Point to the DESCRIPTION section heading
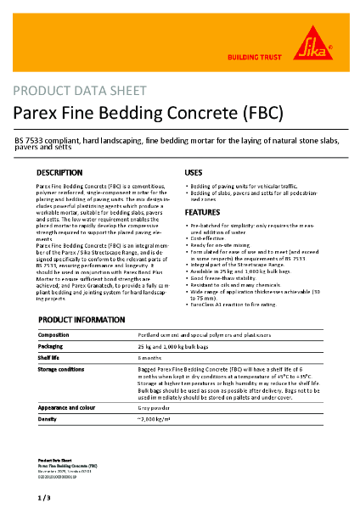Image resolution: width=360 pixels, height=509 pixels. (59, 172)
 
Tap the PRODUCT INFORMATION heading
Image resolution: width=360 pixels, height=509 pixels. (87, 319)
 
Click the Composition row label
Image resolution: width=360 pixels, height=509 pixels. (54, 335)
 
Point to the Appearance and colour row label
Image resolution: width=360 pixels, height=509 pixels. (70, 408)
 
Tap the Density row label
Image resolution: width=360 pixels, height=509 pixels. (48, 420)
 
